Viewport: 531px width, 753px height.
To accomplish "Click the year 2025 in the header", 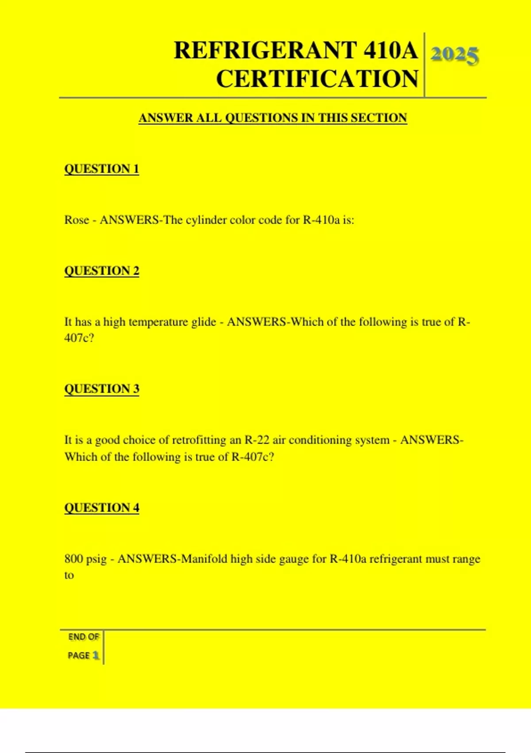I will coord(454,55).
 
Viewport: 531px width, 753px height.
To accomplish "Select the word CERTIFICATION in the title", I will coord(317,79).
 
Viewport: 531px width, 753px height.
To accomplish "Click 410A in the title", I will coord(390,50).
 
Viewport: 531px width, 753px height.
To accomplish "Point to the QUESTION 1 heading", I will coord(102,169).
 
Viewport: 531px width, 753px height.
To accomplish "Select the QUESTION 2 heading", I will coord(102,271).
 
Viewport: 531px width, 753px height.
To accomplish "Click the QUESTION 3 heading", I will coord(102,389).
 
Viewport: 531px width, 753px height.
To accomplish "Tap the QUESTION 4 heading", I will coord(102,508).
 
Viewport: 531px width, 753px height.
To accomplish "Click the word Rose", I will coord(77,220).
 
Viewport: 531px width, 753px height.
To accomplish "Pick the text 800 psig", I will coord(85,559).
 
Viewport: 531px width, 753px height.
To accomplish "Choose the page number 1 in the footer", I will coord(96,655).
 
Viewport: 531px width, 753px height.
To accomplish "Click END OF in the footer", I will coord(84,637).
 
